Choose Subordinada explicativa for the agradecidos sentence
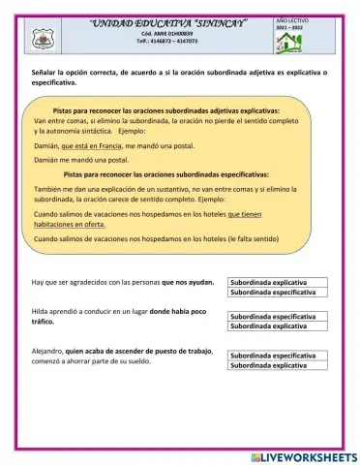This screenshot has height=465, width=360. [277, 283]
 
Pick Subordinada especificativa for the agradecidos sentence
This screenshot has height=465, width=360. [277, 292]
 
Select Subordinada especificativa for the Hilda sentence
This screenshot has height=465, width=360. [277, 317]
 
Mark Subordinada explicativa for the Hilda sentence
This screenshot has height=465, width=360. [277, 326]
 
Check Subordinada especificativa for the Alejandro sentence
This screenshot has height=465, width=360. [277, 356]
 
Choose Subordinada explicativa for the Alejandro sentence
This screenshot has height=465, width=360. [277, 366]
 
